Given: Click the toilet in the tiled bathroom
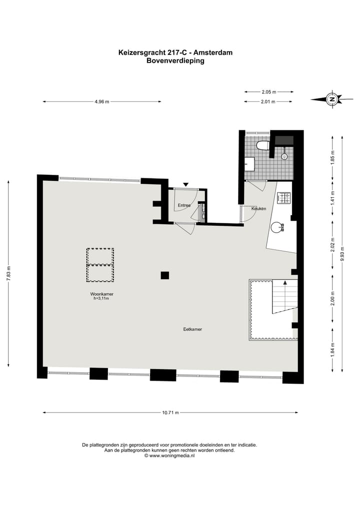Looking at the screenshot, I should click(262, 145).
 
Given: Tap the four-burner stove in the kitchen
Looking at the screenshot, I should click(284, 198).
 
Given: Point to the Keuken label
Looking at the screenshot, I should click(258, 208).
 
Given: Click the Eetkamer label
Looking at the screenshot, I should click(192, 329).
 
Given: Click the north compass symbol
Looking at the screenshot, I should click(331, 99).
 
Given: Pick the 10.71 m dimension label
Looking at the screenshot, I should click(170, 413).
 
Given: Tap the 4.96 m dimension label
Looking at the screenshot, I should click(101, 101).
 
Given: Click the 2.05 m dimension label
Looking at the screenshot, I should click(268, 92).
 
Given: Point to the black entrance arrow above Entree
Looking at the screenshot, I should click(186, 185).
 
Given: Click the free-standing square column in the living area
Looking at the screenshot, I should click(164, 275).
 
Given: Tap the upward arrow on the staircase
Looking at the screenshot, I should click(285, 283).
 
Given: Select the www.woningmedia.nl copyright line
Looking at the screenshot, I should click(169, 456).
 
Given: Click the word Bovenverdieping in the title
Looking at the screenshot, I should click(175, 60).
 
